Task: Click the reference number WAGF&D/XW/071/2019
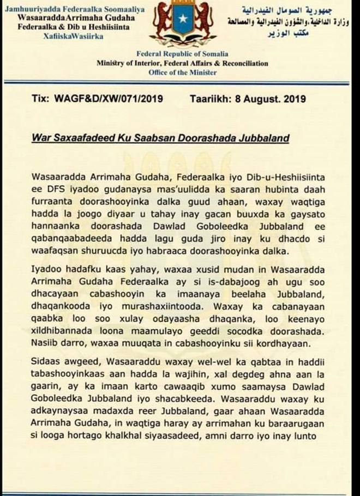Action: (109, 100)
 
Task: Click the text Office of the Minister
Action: (182, 72)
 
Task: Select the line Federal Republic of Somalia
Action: (182, 54)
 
